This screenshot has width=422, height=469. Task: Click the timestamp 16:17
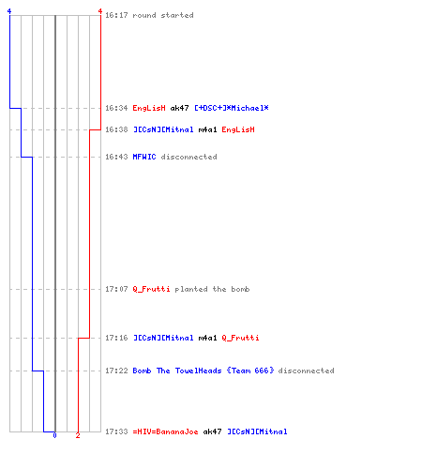click(116, 15)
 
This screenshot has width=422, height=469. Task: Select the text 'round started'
click(163, 15)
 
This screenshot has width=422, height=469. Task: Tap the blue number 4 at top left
click(9, 11)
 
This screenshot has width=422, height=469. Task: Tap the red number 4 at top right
click(100, 11)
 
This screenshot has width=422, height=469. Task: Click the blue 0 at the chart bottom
click(54, 435)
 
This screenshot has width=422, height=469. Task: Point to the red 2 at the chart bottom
click(78, 435)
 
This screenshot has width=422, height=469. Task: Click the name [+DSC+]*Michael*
click(232, 108)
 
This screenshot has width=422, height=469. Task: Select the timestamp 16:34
click(116, 108)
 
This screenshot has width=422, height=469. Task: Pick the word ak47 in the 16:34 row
click(179, 108)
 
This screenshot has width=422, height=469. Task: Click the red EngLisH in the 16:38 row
click(238, 129)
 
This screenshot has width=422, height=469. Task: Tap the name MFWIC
click(144, 157)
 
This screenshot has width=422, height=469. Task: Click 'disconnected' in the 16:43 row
click(188, 157)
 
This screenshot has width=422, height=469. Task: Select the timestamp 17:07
click(116, 289)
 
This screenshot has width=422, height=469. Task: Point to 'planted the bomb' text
click(212, 289)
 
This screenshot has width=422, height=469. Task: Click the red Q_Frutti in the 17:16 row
click(240, 338)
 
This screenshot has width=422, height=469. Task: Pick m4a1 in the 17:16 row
click(207, 338)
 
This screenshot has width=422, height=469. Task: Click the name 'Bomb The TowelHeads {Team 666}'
click(203, 371)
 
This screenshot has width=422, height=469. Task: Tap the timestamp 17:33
click(116, 431)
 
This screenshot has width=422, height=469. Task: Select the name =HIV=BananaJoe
click(165, 431)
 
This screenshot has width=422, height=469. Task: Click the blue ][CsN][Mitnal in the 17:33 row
click(257, 431)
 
